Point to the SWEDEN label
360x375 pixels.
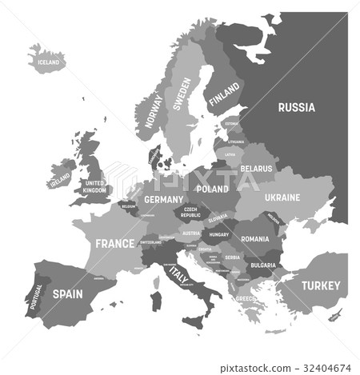[x=182, y=94]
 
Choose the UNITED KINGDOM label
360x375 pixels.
[x=94, y=186]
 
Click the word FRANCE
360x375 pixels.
[x=114, y=243]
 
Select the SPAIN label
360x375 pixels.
[x=67, y=293]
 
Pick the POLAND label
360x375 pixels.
[x=213, y=189]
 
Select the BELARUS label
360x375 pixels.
[x=257, y=169]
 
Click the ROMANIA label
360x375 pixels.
[x=255, y=238]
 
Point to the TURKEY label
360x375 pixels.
[x=320, y=285]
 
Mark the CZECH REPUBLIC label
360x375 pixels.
[x=190, y=212]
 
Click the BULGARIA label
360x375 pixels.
[x=263, y=265]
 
